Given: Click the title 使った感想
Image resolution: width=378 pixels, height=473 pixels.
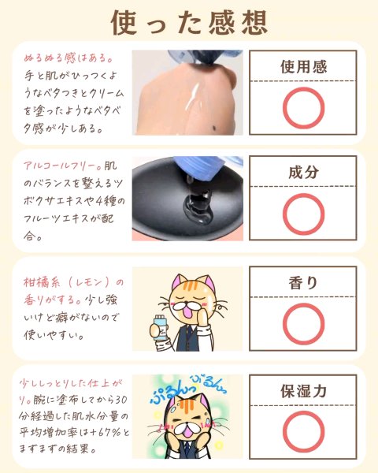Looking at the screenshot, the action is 189,23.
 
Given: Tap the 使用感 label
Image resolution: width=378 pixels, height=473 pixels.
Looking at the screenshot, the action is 303,67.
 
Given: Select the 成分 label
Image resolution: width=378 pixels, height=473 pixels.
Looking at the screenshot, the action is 303,172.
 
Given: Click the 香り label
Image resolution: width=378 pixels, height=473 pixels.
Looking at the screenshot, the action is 303,283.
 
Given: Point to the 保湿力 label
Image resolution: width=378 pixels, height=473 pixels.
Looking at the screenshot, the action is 303,391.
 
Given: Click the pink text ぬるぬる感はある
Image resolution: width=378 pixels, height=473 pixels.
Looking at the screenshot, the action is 69,58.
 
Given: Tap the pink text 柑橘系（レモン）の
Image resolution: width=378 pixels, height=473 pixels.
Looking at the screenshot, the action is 73,283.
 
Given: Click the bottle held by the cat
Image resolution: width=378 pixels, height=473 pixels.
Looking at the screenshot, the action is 160,328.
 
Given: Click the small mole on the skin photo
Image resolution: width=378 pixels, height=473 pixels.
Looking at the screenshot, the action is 215,128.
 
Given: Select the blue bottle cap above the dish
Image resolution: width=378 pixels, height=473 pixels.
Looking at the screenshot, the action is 202,168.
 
